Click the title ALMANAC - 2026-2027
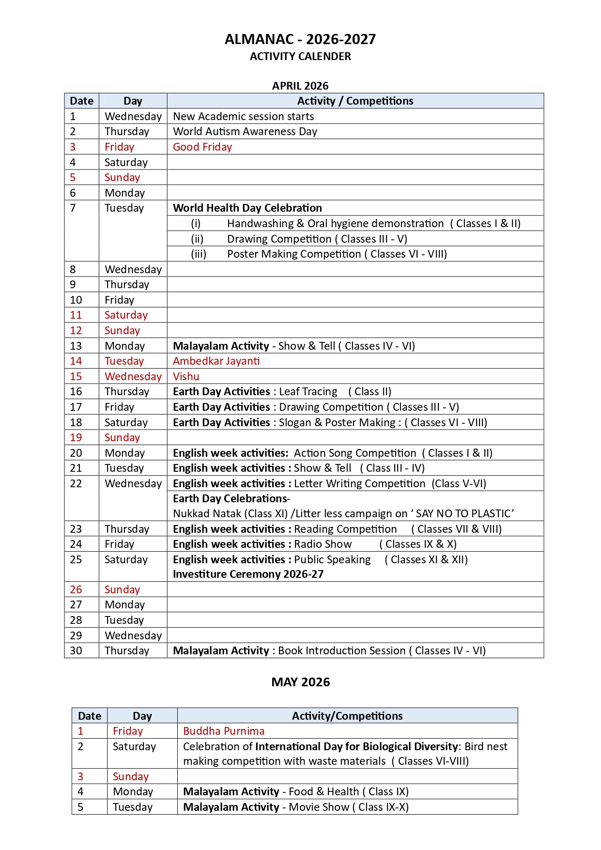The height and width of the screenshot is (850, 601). click(x=300, y=39)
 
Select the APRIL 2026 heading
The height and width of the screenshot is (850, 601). click(x=300, y=86)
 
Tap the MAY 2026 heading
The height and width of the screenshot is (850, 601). click(x=300, y=682)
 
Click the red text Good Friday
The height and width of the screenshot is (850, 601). click(x=202, y=147)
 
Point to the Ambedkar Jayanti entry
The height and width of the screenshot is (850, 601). click(x=216, y=361)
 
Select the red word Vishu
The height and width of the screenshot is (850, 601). click(x=186, y=376)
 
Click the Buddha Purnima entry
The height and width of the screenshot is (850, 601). click(x=224, y=731)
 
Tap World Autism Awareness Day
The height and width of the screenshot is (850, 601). click(x=245, y=131)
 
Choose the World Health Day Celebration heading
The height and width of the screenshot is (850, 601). click(x=247, y=208)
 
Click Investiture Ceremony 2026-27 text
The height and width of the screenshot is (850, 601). click(x=248, y=574)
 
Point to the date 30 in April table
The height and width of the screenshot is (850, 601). click(x=76, y=650)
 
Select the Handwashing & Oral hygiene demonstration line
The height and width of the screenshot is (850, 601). click(x=335, y=223)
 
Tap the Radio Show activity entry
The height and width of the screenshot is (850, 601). click(x=323, y=544)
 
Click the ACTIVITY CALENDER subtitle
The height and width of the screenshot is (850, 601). click(x=300, y=56)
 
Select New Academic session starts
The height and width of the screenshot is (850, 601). click(x=243, y=116)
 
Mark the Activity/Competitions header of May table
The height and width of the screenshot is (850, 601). click(x=347, y=716)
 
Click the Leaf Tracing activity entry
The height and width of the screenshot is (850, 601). click(x=308, y=391)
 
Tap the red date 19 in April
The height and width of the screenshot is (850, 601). click(x=76, y=437)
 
